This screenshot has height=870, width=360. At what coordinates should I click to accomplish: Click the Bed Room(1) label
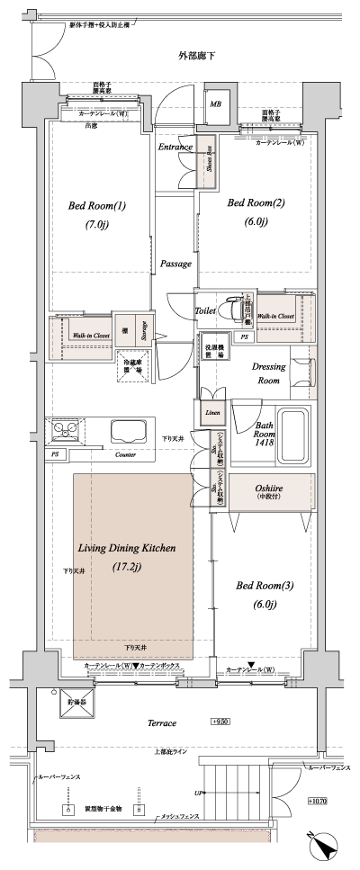(96, 206)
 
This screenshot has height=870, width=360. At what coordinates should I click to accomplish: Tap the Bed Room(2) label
(255, 203)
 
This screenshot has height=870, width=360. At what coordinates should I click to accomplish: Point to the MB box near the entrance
(216, 104)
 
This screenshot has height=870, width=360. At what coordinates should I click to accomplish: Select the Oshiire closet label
(265, 487)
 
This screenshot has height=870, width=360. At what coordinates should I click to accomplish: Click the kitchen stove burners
(66, 428)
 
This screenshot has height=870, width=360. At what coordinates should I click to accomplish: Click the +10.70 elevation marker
(317, 801)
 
